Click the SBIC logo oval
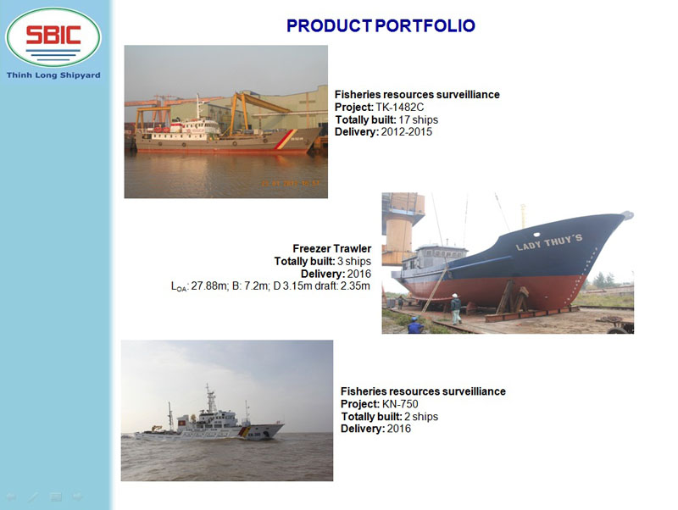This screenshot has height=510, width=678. point(53,36)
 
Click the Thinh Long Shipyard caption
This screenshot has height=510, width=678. point(53,75)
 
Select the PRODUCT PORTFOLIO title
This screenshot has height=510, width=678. point(381,26)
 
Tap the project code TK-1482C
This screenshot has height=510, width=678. point(399,108)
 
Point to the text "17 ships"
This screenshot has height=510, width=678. point(418,119)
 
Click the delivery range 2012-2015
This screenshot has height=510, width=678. point(407,132)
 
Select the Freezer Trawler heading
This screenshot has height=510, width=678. point(332,248)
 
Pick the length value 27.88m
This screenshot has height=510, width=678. point(209,285)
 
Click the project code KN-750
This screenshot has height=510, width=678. point(400,404)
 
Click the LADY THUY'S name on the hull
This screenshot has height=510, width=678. point(549,242)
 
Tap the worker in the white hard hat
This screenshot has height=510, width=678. point(456,308)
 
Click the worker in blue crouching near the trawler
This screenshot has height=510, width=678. point(415,325)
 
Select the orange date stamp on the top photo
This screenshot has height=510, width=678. point(290,183)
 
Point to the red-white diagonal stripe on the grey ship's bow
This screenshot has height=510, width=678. point(286,139)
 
